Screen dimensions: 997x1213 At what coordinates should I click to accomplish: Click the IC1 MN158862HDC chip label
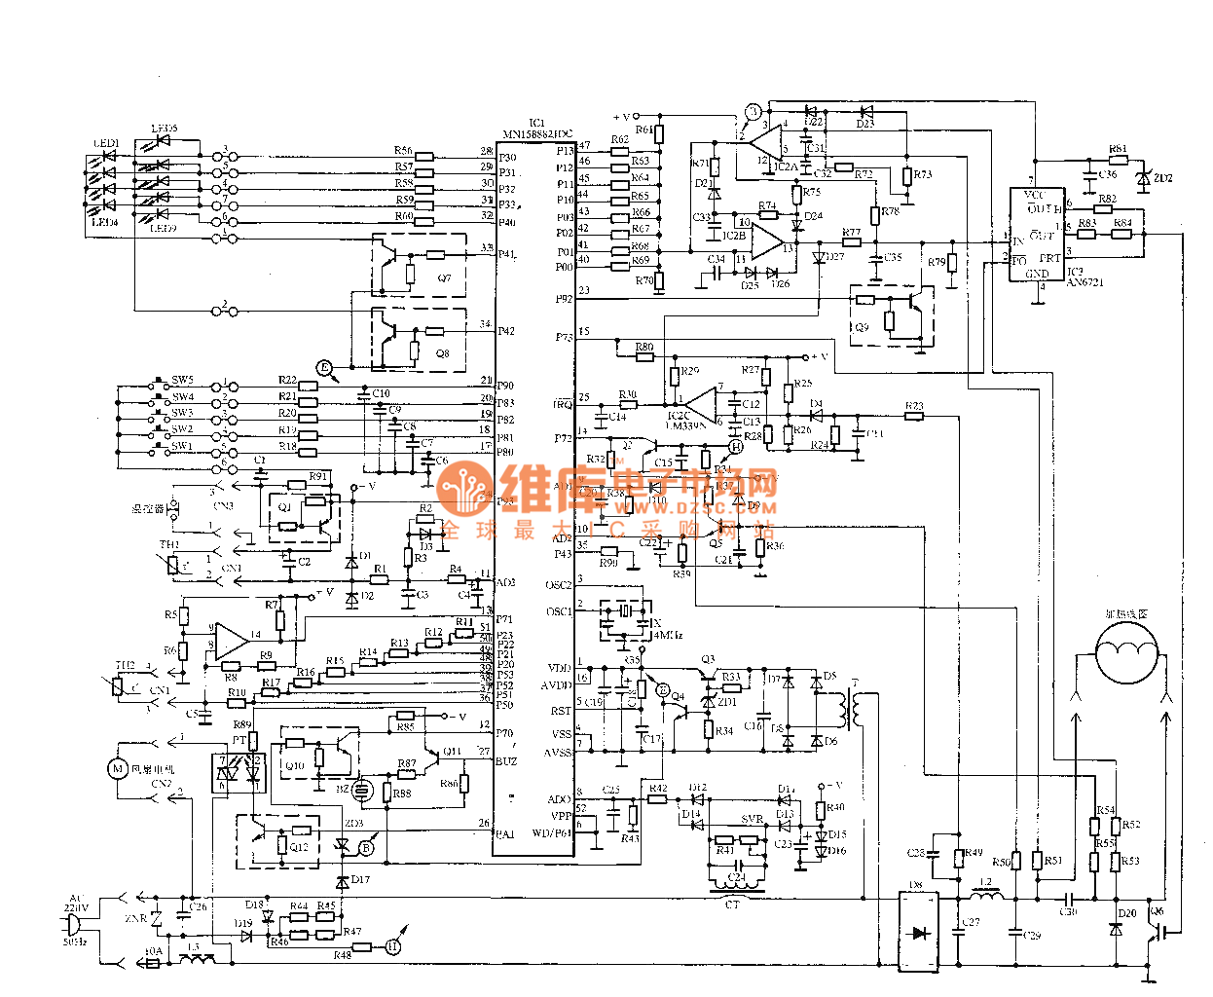click(537, 129)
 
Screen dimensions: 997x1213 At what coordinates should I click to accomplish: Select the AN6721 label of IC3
click(1084, 282)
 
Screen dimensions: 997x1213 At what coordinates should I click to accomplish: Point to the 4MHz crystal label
click(667, 635)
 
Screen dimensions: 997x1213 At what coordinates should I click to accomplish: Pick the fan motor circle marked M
click(118, 769)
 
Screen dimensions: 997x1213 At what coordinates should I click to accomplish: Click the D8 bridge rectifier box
click(917, 931)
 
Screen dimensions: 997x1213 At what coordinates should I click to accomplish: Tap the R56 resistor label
click(403, 151)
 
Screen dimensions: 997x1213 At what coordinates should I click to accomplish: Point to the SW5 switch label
click(182, 380)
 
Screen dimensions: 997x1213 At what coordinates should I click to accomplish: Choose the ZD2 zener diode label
click(1162, 178)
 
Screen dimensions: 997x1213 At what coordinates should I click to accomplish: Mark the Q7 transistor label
click(444, 278)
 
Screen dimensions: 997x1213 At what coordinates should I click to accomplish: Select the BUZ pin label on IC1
click(506, 761)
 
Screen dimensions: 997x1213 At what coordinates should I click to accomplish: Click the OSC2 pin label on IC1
click(559, 585)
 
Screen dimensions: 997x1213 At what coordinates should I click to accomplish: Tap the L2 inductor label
click(985, 882)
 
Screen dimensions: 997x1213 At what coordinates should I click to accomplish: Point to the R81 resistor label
click(1118, 150)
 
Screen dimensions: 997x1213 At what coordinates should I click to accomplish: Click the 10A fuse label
click(153, 951)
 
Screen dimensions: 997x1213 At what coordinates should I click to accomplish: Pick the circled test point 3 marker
click(753, 112)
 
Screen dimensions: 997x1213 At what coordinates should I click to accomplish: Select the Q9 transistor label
click(861, 327)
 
